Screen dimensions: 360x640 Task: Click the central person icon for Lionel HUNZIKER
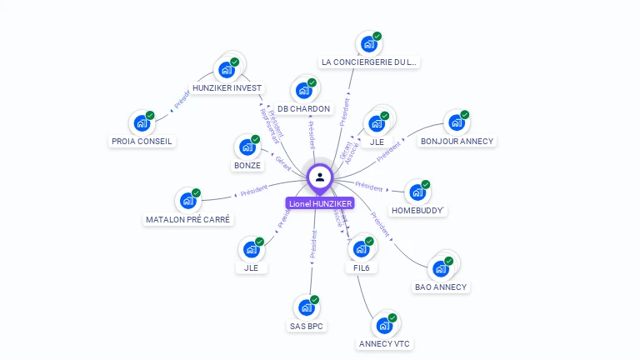pyautogui.click(x=320, y=177)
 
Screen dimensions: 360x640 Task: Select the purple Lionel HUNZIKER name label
pyautogui.click(x=320, y=203)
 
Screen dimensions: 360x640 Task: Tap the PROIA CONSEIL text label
pyautogui.click(x=142, y=142)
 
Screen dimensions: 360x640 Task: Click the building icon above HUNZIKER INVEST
pyautogui.click(x=225, y=70)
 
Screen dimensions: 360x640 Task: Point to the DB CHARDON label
pyautogui.click(x=303, y=108)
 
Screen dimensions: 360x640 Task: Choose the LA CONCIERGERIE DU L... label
pyautogui.click(x=369, y=62)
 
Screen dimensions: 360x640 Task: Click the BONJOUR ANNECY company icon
pyautogui.click(x=455, y=122)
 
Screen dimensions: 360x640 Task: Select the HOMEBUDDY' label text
pyautogui.click(x=419, y=211)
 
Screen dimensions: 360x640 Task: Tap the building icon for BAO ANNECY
pyautogui.click(x=440, y=269)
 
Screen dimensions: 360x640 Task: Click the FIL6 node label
pyautogui.click(x=362, y=268)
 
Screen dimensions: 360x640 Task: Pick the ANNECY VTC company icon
pyautogui.click(x=384, y=325)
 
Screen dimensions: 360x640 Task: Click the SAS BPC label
pyautogui.click(x=306, y=326)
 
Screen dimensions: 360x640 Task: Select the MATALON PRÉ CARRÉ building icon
pyautogui.click(x=187, y=201)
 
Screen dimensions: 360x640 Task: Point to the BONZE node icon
pyautogui.click(x=247, y=147)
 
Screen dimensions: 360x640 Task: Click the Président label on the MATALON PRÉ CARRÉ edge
pyautogui.click(x=253, y=191)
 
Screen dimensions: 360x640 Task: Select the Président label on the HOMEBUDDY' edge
pyautogui.click(x=369, y=187)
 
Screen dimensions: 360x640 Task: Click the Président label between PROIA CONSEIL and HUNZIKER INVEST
pyautogui.click(x=182, y=100)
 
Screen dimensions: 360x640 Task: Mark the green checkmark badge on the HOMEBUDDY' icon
pyautogui.click(x=426, y=184)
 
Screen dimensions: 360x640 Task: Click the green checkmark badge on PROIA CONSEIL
pyautogui.click(x=150, y=115)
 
